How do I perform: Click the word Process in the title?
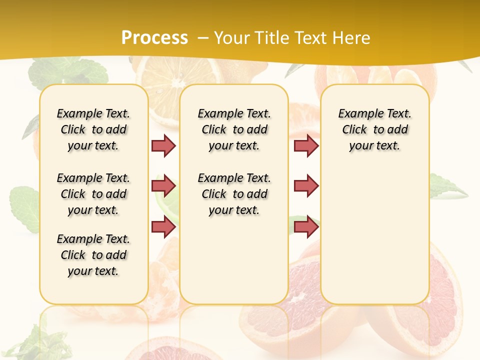[x=154, y=37]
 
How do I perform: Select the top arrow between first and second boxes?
[x=163, y=145]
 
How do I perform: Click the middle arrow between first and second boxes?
[x=163, y=186]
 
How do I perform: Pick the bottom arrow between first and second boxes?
[x=163, y=226]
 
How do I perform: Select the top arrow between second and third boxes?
[x=306, y=145]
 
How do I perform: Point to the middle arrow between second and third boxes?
[x=306, y=186]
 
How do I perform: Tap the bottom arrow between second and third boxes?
[x=306, y=226]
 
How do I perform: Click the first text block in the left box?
[x=93, y=129]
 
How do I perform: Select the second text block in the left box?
[x=93, y=194]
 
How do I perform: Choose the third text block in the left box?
[x=93, y=255]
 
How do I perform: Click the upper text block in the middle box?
[x=234, y=129]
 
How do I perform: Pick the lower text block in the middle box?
[x=234, y=194]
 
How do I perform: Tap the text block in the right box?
[x=374, y=129]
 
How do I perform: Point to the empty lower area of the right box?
[x=374, y=235]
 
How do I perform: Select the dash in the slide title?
[x=202, y=37]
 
